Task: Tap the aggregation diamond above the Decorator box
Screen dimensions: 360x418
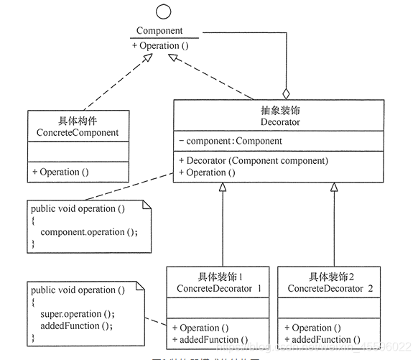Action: click(286, 93)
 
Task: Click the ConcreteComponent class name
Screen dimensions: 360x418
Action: click(78, 133)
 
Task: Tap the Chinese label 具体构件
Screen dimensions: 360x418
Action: click(78, 121)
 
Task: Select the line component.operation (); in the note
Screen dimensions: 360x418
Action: click(88, 232)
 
